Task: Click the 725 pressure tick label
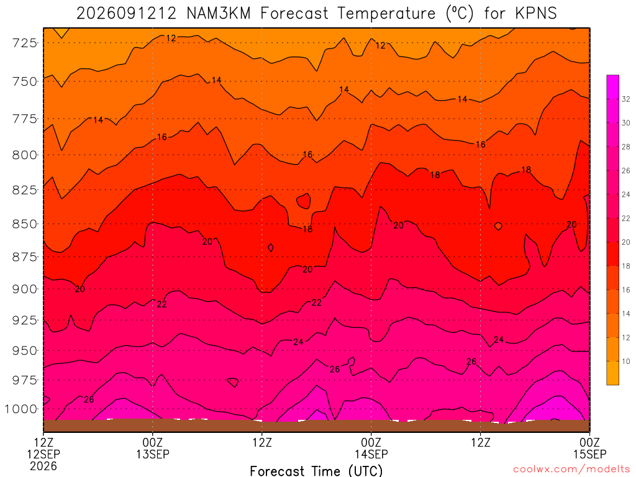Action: pos(25,43)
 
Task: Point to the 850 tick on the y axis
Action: pos(25,224)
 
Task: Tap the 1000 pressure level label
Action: pos(21,409)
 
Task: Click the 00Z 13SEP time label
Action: pos(153,448)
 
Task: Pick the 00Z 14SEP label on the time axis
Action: pos(371,448)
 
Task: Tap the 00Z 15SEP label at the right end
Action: pos(589,448)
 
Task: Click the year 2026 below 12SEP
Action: pos(43,466)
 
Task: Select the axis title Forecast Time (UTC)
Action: pos(316,471)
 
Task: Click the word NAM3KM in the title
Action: pos(219,14)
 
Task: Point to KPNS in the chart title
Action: pos(536,14)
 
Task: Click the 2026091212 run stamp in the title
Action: pos(127,14)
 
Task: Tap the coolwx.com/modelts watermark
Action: pos(571,470)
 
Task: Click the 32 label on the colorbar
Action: pos(626,99)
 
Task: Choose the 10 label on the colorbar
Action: pos(626,361)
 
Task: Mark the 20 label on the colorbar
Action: pos(626,242)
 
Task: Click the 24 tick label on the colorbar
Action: pos(626,194)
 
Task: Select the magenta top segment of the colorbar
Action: pos(612,87)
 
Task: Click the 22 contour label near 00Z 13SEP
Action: pos(161,304)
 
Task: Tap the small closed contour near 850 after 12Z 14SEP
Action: pos(499,226)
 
